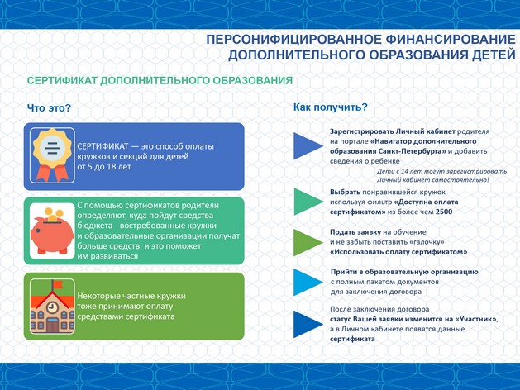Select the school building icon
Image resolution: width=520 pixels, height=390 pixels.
(50, 305)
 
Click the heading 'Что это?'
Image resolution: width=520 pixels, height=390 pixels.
(49, 108)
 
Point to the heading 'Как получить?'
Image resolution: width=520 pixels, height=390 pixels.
(331, 107)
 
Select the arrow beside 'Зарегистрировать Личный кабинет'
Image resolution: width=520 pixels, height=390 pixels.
(305, 146)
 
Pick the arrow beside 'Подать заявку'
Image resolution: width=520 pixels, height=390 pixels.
(305, 241)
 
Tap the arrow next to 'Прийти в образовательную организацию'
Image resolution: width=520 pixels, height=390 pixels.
(305, 281)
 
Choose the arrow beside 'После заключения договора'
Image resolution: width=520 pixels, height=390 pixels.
(305, 324)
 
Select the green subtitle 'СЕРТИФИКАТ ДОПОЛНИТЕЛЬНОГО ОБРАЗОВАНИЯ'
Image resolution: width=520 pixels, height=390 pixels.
(160, 82)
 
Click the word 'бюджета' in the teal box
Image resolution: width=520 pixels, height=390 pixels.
(96, 225)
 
